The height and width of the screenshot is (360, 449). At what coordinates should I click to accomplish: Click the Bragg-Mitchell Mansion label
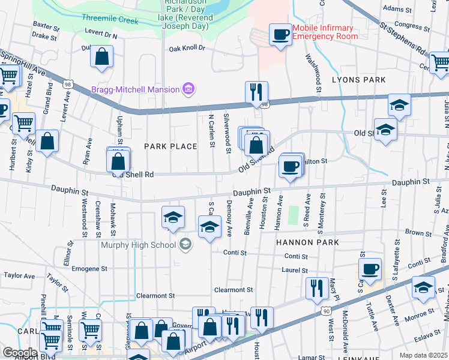click(135, 89)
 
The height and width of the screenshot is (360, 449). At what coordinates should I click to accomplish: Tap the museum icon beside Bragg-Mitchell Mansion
click(188, 89)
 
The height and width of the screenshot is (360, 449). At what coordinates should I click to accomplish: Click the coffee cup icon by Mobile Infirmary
click(280, 34)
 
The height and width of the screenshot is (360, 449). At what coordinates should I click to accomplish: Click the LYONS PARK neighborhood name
click(359, 79)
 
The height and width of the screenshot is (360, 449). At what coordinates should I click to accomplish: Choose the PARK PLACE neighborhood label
click(170, 146)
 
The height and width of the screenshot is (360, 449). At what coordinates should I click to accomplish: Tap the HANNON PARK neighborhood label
click(307, 242)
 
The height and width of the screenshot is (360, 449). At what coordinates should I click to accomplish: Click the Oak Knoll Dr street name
click(187, 48)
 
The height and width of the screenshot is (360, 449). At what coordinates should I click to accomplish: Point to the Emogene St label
click(89, 268)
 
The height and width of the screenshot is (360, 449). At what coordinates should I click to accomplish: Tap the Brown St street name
click(415, 232)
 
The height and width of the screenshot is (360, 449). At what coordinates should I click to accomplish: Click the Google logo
click(20, 353)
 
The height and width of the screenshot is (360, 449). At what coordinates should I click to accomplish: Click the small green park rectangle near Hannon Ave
click(294, 215)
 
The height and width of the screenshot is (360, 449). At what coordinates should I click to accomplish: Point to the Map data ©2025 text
click(424, 355)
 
